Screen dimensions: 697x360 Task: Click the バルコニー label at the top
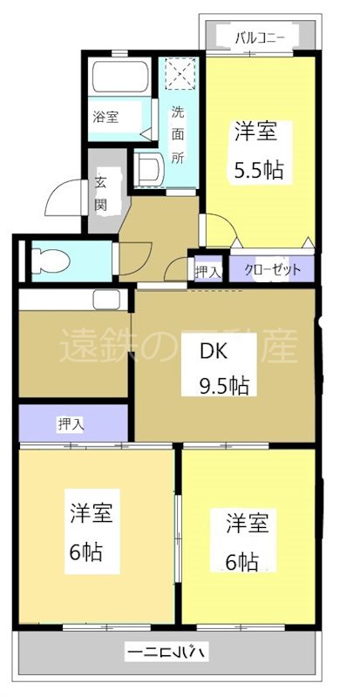point(259,37)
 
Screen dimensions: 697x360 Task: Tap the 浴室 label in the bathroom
point(106,116)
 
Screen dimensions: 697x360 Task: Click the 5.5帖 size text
point(257,169)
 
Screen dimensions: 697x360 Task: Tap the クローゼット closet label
point(273,270)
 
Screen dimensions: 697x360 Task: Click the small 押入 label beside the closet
point(207,272)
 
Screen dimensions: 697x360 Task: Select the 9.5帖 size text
point(224,385)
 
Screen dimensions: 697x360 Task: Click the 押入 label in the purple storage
point(71,424)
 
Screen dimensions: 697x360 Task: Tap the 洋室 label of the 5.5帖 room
point(256,132)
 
